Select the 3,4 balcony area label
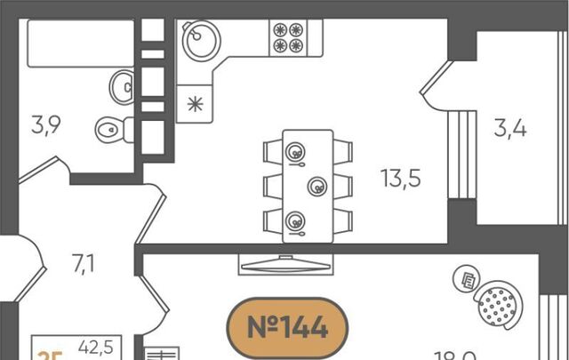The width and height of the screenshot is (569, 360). pyautogui.click(x=510, y=129)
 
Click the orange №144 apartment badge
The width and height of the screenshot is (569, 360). pyautogui.click(x=287, y=328)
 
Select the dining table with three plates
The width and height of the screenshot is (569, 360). pyautogui.click(x=308, y=186)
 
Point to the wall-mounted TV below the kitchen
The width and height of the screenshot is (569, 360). pyautogui.click(x=284, y=264)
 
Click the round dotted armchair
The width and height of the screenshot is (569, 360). pyautogui.click(x=499, y=306)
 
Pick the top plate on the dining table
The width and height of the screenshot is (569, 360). pyautogui.click(x=294, y=152)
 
